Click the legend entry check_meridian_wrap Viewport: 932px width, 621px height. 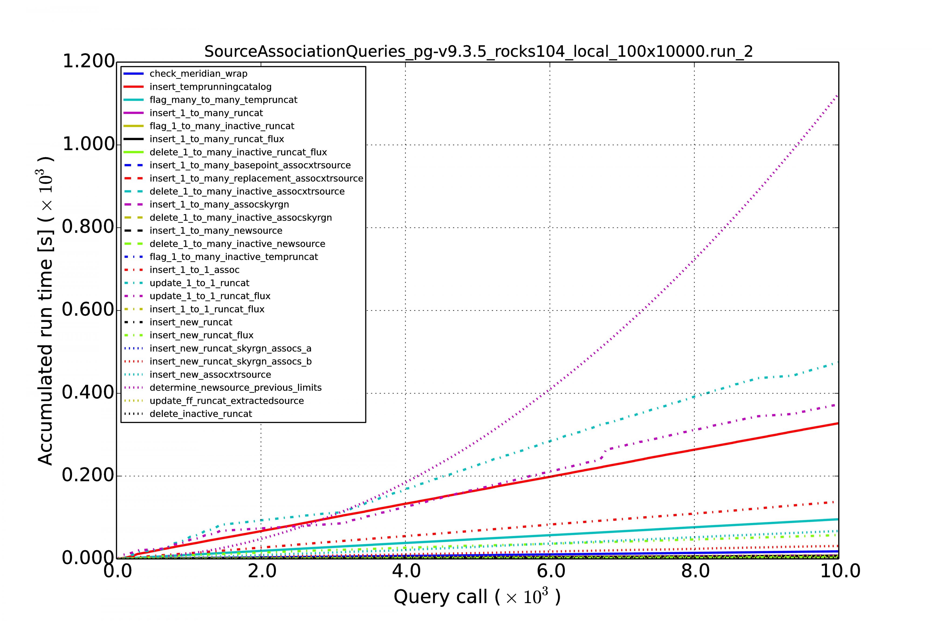(198, 74)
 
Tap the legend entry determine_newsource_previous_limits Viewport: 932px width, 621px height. (235, 388)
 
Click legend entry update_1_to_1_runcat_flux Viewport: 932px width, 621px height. (210, 296)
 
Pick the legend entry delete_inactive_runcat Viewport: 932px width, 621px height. (201, 414)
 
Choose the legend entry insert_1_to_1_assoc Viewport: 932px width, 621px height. (194, 270)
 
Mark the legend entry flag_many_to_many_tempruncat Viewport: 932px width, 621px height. (223, 100)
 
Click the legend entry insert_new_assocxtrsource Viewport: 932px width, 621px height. (210, 375)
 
